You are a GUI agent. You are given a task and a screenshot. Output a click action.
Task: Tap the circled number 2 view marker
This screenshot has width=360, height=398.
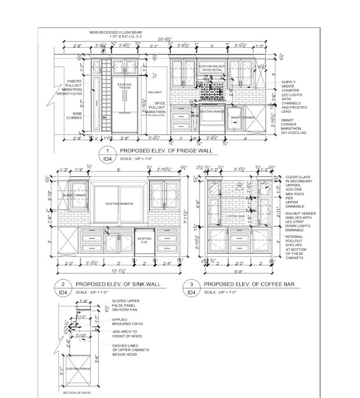click(62, 284)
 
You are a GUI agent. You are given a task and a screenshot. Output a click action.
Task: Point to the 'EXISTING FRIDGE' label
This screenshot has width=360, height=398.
click(124, 86)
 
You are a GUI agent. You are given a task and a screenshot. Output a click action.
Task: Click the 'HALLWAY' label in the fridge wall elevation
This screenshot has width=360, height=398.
click(155, 93)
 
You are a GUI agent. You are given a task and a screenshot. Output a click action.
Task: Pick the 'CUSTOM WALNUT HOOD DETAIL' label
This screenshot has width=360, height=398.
click(212, 68)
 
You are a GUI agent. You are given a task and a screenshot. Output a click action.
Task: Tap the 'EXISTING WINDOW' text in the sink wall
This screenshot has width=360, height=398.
click(119, 204)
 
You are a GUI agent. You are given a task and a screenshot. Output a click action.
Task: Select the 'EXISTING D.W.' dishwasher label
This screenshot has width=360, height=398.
click(145, 241)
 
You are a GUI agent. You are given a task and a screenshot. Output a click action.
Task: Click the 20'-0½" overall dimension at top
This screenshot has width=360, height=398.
click(164, 39)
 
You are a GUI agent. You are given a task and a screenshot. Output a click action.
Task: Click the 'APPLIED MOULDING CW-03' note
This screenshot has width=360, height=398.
click(125, 322)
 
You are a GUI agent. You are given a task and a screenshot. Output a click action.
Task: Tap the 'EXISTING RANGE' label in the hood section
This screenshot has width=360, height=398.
click(79, 368)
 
